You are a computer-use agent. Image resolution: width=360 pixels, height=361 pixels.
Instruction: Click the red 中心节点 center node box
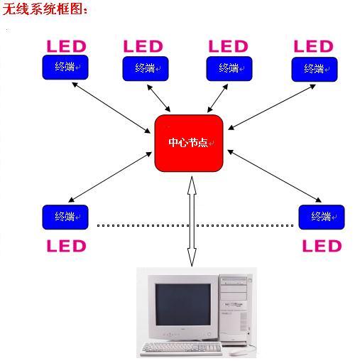[189, 143]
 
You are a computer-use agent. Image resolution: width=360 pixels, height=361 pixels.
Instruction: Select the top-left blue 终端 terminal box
[65, 68]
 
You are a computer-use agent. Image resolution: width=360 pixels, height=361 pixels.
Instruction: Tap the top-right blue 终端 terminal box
[315, 70]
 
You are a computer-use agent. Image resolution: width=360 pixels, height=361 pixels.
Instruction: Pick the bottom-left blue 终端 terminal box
[65, 217]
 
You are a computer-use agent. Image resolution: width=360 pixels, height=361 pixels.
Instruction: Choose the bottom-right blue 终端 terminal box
[322, 217]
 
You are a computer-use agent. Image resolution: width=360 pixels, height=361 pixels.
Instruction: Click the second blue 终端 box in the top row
[146, 68]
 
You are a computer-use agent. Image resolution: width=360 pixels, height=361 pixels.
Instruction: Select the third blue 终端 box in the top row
[229, 68]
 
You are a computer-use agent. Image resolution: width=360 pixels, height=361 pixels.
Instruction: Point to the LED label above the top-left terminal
[67, 46]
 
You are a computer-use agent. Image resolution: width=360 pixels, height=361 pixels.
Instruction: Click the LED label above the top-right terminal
[314, 46]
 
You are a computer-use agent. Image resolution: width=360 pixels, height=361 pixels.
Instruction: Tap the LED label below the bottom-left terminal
[67, 246]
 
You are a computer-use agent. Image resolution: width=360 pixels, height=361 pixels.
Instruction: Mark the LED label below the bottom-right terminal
[322, 246]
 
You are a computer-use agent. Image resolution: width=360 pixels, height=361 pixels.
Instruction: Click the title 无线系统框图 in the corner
[45, 9]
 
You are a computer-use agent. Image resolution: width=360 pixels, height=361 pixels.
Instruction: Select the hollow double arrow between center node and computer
[192, 221]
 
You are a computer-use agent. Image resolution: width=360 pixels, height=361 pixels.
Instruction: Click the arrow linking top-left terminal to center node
[111, 107]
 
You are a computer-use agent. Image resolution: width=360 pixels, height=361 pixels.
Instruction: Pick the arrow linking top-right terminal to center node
[272, 107]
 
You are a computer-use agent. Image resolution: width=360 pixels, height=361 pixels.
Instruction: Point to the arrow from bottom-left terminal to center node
[110, 177]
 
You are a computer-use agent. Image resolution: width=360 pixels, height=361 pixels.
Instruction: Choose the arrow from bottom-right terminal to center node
[274, 176]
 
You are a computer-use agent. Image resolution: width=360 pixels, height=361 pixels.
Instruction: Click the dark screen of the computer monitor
[182, 304]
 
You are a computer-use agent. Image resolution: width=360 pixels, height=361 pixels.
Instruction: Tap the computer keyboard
[182, 348]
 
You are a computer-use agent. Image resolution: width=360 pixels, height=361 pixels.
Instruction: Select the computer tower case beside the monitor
[234, 310]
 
